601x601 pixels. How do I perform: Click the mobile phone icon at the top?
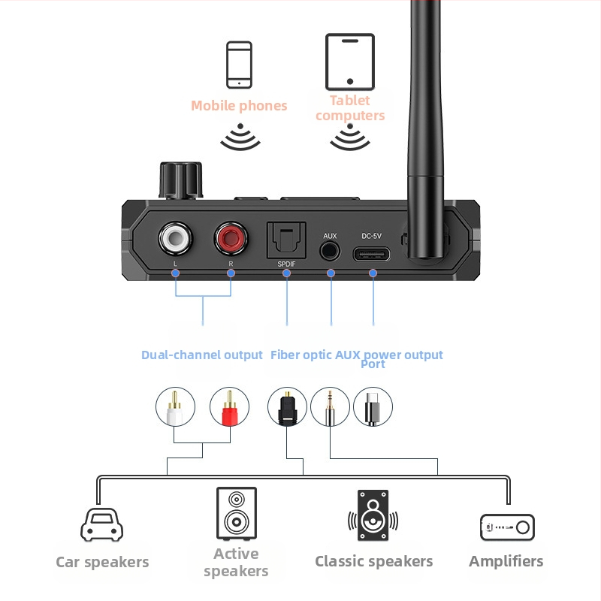(239, 65)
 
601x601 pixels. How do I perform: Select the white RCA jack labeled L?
(175, 240)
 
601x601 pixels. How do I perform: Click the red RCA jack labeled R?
(231, 240)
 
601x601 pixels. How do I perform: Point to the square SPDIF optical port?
(286, 242)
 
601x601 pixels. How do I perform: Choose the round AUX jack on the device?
(330, 251)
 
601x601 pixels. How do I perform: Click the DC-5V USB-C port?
(373, 252)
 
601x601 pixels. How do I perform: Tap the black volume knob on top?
(180, 180)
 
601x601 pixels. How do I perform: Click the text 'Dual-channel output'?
(202, 355)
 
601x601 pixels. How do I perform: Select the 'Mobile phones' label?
(239, 106)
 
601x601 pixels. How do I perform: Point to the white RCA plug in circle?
(175, 407)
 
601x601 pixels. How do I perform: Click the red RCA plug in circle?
(229, 407)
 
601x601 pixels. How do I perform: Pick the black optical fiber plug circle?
(287, 407)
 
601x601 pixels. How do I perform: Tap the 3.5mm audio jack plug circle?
(330, 407)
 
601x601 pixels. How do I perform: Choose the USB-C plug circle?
(373, 407)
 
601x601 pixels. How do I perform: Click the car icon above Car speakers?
(101, 524)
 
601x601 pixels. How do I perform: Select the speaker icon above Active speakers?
(236, 513)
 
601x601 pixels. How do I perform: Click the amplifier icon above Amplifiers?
(507, 527)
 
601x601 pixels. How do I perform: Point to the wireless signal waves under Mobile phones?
(240, 138)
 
